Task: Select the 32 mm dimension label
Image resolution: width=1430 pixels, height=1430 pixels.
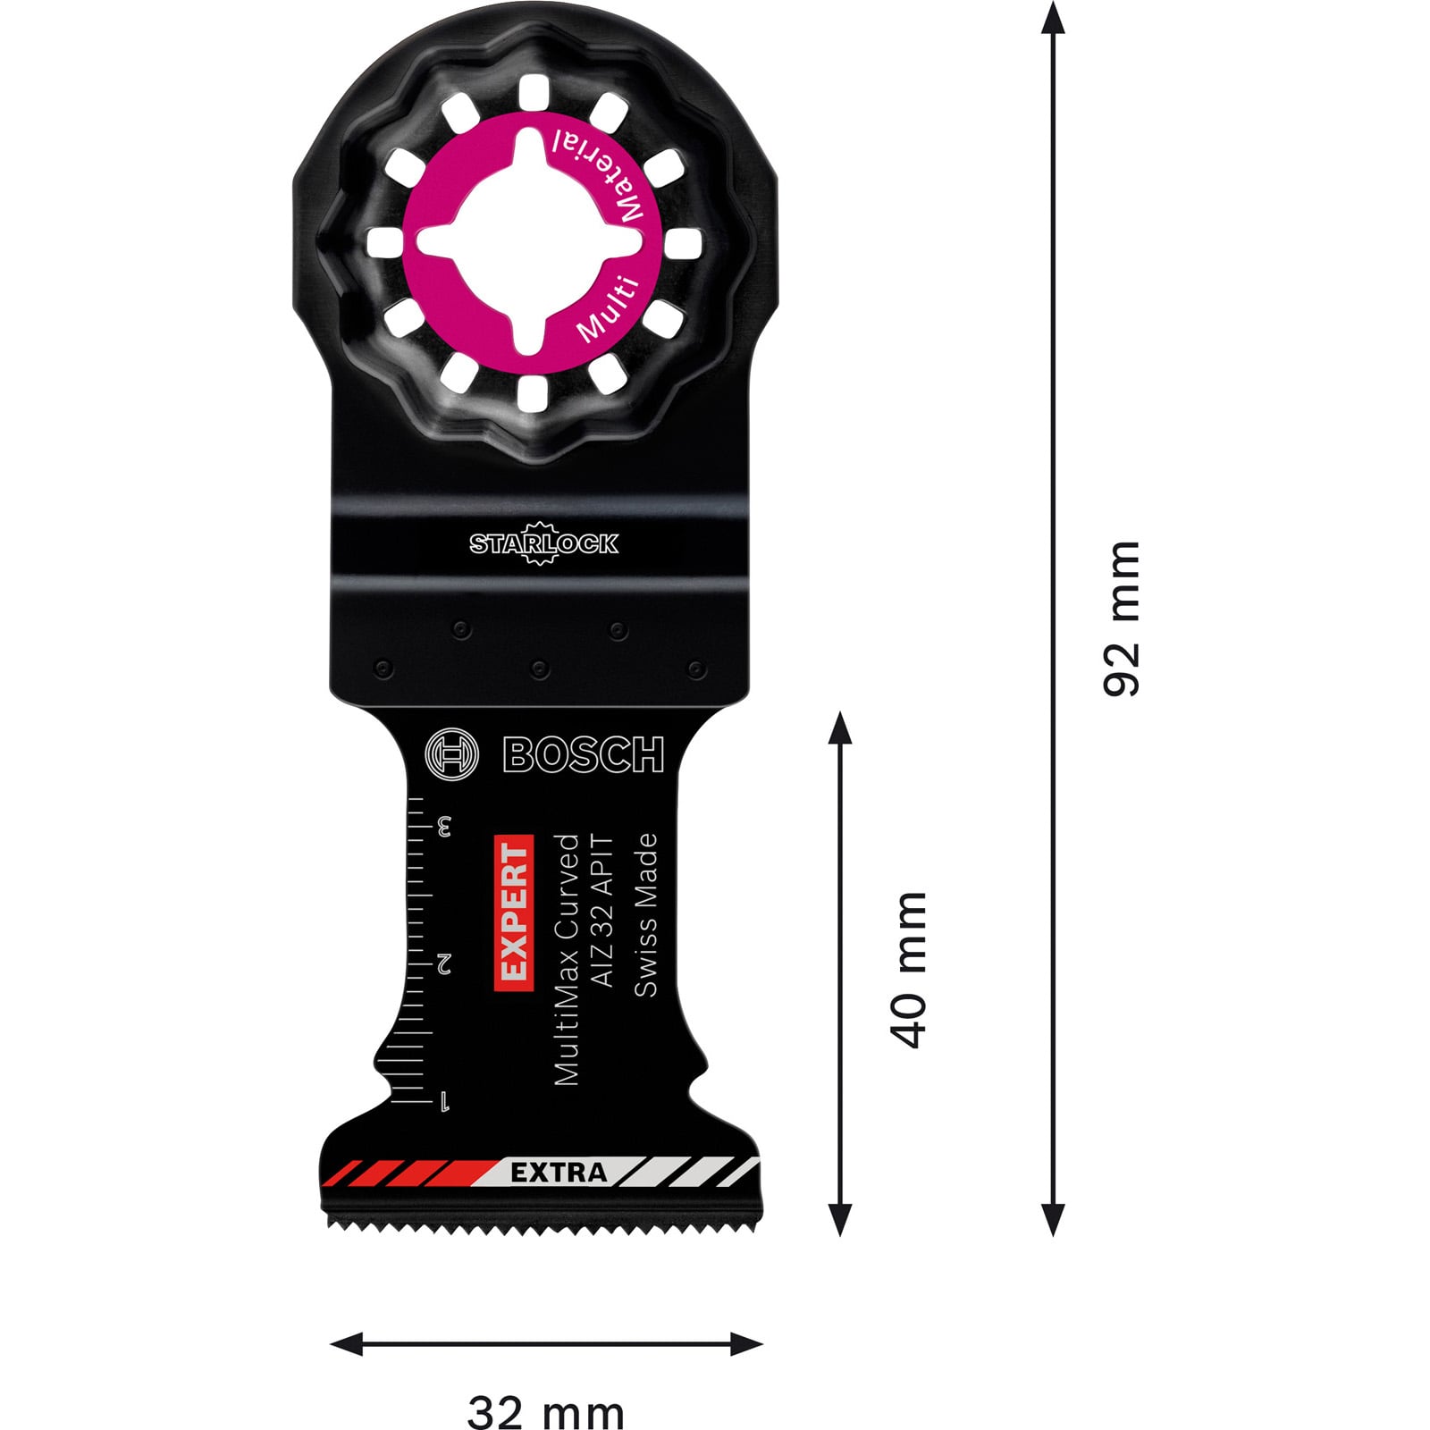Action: click(x=546, y=1388)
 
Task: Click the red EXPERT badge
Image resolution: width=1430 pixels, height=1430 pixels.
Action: click(x=514, y=913)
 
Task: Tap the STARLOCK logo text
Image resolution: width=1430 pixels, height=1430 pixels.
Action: click(x=543, y=543)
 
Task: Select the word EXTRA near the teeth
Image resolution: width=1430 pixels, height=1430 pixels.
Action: click(x=559, y=1173)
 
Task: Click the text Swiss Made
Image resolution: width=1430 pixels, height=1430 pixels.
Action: click(x=645, y=914)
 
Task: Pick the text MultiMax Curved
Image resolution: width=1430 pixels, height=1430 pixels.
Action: click(x=567, y=960)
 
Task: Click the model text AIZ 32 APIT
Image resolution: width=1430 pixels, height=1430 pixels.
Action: click(x=603, y=911)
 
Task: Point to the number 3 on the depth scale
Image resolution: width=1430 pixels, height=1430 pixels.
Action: click(x=443, y=826)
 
